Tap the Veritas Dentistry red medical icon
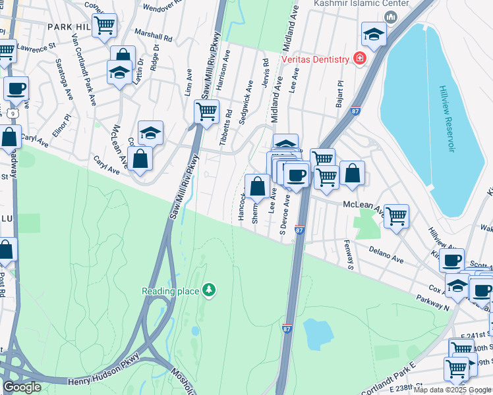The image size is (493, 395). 360,59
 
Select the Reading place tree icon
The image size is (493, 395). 209,290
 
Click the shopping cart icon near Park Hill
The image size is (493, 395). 104,26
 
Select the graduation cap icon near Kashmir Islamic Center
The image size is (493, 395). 374,34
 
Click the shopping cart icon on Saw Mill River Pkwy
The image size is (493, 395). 207,111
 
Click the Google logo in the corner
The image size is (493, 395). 22,386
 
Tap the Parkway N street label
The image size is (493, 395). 432,303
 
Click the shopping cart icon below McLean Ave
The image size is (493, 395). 395,215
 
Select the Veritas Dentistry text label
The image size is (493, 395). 315,59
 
